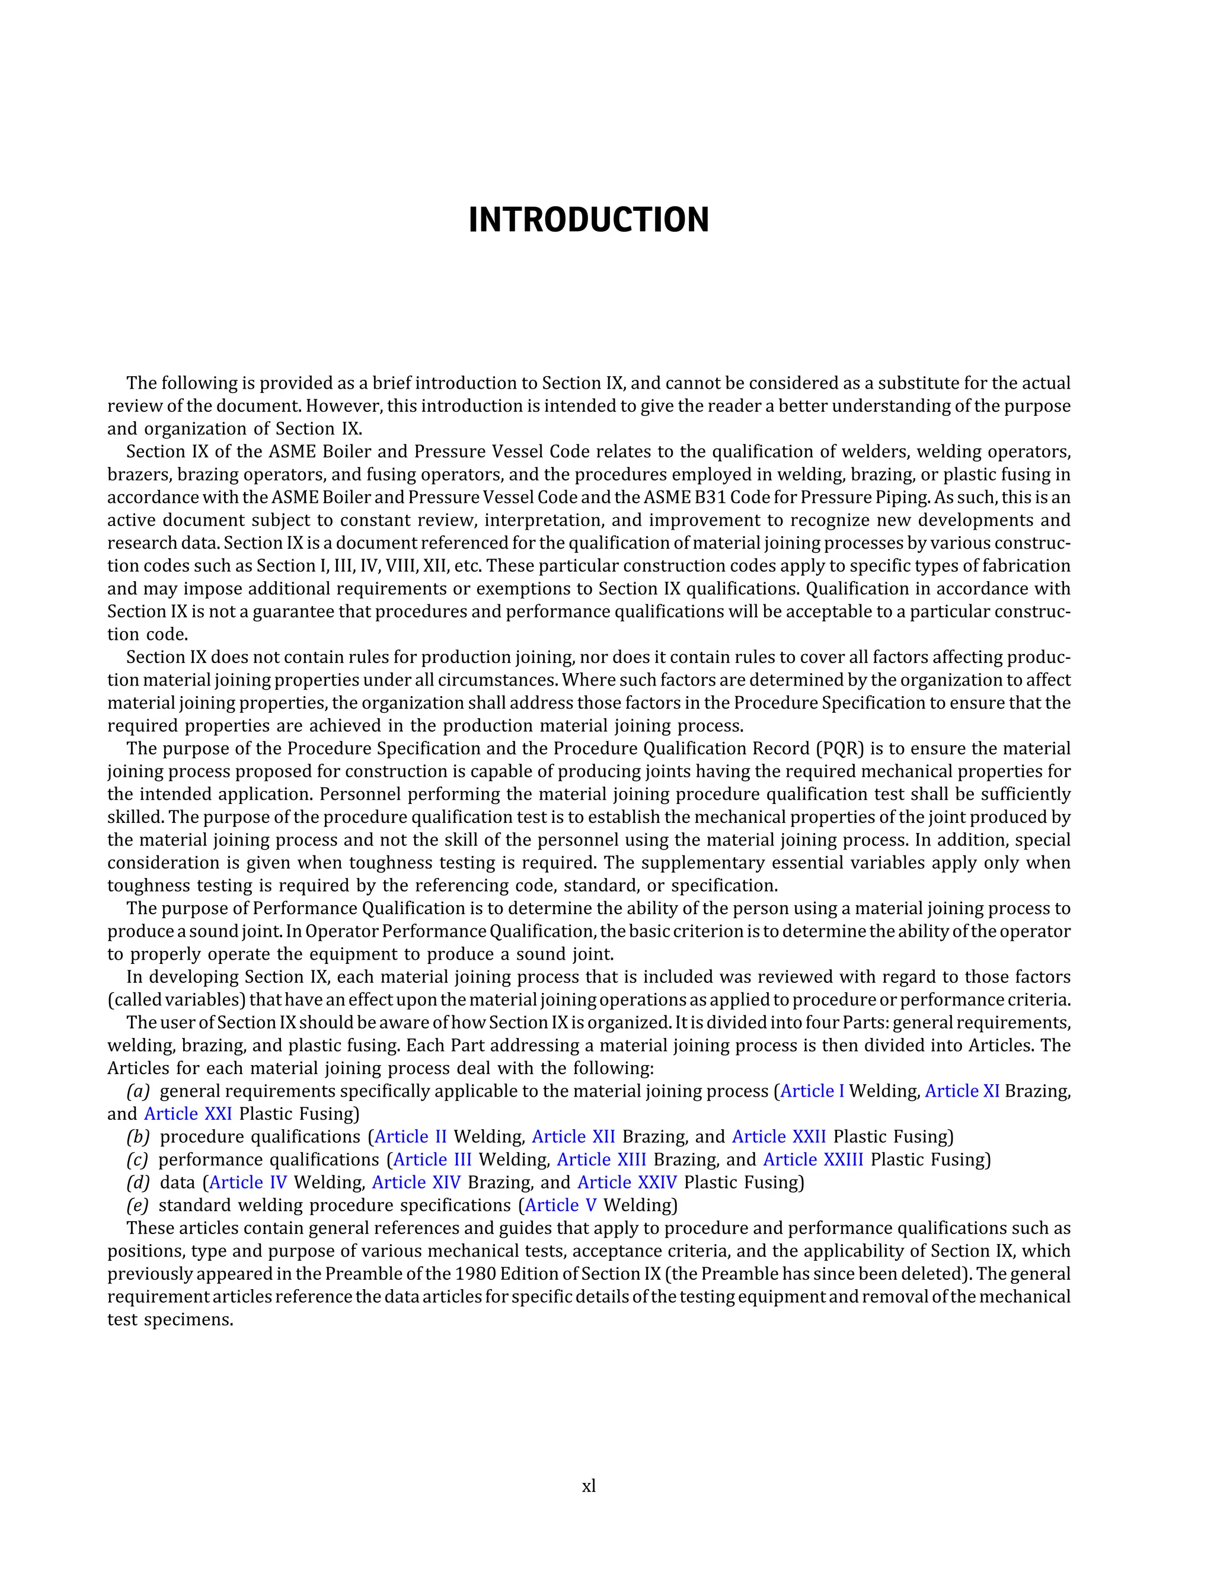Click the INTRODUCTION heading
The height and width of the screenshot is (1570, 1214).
(588, 220)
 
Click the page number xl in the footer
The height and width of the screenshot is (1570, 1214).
(588, 1486)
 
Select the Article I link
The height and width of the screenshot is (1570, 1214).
(812, 1091)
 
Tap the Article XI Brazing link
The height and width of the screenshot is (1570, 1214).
(961, 1091)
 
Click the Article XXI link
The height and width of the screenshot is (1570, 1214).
(188, 1114)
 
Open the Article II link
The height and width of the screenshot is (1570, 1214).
(411, 1136)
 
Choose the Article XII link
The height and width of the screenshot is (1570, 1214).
(573, 1136)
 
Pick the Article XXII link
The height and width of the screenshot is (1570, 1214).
(779, 1136)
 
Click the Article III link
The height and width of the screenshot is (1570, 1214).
(432, 1159)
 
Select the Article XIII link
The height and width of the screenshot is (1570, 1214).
(601, 1159)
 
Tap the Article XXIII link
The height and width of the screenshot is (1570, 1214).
(813, 1159)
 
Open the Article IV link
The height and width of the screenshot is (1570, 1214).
(248, 1183)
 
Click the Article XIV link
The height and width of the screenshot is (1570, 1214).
(416, 1183)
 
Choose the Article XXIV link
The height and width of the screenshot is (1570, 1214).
(627, 1183)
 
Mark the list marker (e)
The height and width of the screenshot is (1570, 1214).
(138, 1206)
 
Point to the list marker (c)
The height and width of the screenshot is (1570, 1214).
(138, 1159)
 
